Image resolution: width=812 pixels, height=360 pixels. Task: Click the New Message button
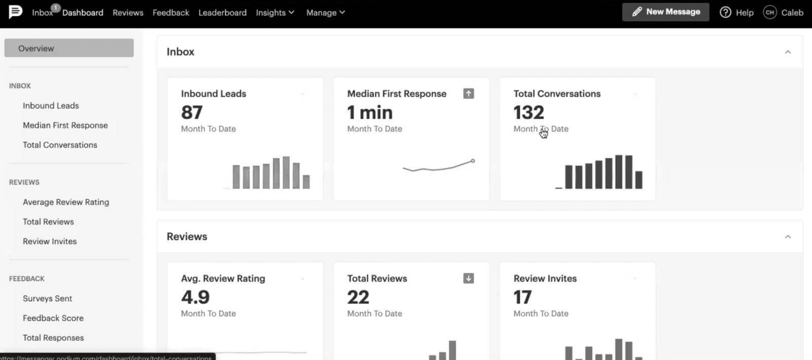(665, 12)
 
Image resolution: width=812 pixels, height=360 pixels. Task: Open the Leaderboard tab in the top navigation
(222, 13)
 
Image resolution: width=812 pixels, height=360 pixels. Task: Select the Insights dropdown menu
(275, 13)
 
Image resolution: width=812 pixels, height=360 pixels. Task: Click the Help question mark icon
(725, 12)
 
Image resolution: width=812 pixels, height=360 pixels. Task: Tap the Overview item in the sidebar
(69, 48)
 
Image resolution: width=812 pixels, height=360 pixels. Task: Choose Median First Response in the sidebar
(65, 125)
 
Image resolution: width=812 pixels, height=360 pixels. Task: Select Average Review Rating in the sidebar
(66, 202)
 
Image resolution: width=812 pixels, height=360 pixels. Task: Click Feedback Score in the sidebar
(53, 318)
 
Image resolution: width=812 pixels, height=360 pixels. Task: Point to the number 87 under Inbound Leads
(192, 112)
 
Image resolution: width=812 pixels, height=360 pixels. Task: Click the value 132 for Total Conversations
(528, 112)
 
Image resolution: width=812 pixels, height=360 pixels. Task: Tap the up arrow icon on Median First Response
(468, 93)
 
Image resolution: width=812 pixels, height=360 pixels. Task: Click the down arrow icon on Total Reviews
(468, 278)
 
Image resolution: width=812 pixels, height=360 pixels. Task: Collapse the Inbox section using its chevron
(788, 52)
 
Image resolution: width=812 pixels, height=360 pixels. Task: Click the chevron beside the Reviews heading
(788, 237)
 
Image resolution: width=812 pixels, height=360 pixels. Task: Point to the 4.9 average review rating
(195, 297)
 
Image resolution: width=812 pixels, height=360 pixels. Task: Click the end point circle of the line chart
(472, 161)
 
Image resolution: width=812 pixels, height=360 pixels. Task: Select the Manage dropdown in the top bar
(325, 13)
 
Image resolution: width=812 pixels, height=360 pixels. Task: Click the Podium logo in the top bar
(16, 11)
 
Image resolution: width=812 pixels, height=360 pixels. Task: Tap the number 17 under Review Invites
(522, 297)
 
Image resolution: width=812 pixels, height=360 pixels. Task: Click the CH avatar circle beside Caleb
(769, 12)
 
